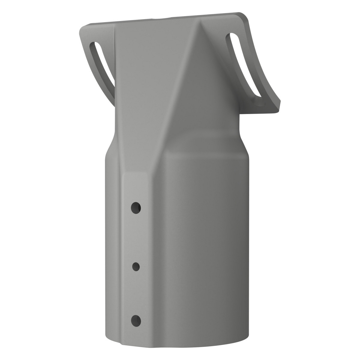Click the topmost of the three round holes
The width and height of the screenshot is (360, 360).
point(136,207)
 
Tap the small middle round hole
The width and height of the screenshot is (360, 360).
point(136,266)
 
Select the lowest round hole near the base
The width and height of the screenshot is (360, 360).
point(136,321)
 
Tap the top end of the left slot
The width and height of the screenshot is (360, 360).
point(93,46)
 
